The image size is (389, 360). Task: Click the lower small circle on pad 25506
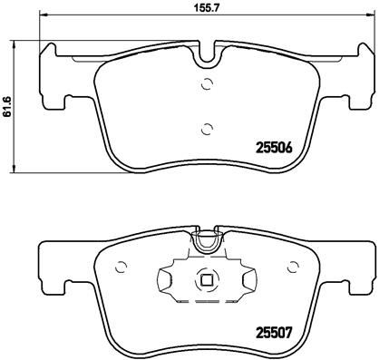click(208, 127)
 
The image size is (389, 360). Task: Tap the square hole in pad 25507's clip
click(208, 280)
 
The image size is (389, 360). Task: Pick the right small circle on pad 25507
click(292, 267)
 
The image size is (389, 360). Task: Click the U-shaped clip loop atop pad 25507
click(209, 241)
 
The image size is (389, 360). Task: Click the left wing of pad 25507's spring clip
click(170, 280)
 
